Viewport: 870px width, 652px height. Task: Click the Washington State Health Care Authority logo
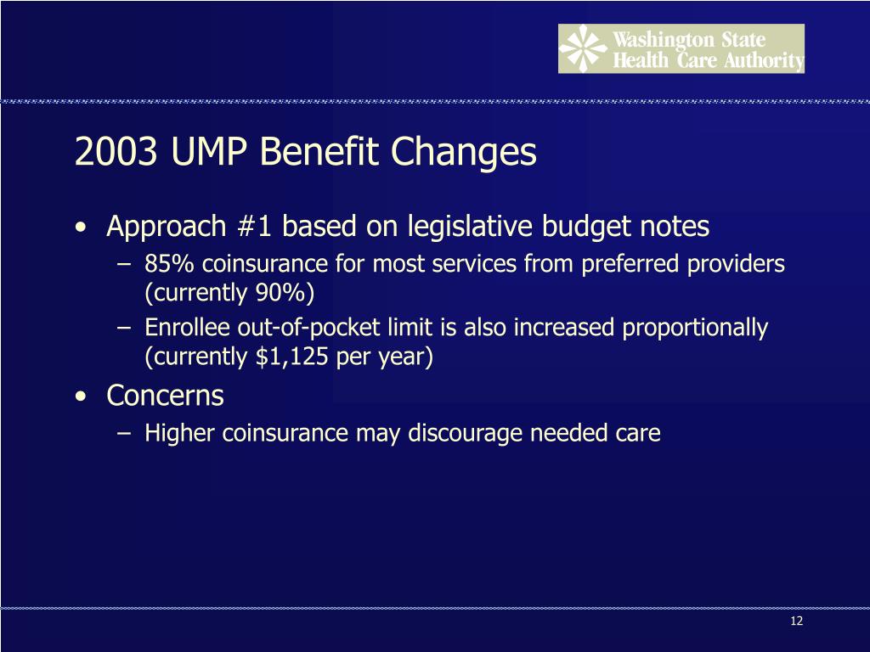tap(681, 48)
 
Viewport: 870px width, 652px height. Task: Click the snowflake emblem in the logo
tap(582, 48)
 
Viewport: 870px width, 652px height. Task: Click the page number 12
tap(796, 621)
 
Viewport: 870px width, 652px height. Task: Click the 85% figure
tap(167, 265)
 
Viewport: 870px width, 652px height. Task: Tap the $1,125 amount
tap(293, 357)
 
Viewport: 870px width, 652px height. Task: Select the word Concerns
tap(165, 396)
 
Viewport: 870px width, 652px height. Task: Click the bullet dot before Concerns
tap(80, 397)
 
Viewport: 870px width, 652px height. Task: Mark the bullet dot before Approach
tap(80, 228)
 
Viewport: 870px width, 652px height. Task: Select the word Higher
tap(181, 433)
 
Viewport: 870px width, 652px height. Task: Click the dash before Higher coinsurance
tap(125, 434)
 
